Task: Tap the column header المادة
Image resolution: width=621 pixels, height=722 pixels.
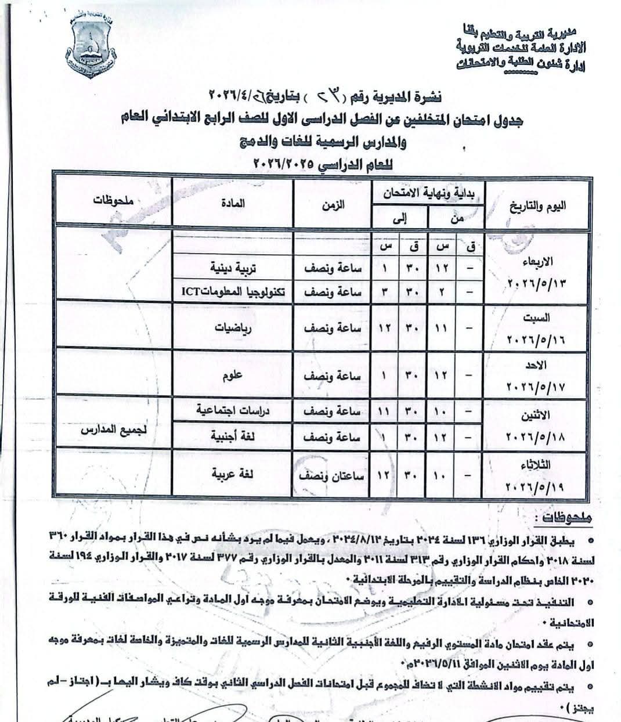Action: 233,204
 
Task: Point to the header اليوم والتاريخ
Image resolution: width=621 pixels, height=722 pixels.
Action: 537,206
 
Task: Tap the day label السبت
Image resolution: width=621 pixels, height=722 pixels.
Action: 539,318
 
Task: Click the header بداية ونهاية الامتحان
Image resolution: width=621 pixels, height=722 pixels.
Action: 427,195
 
